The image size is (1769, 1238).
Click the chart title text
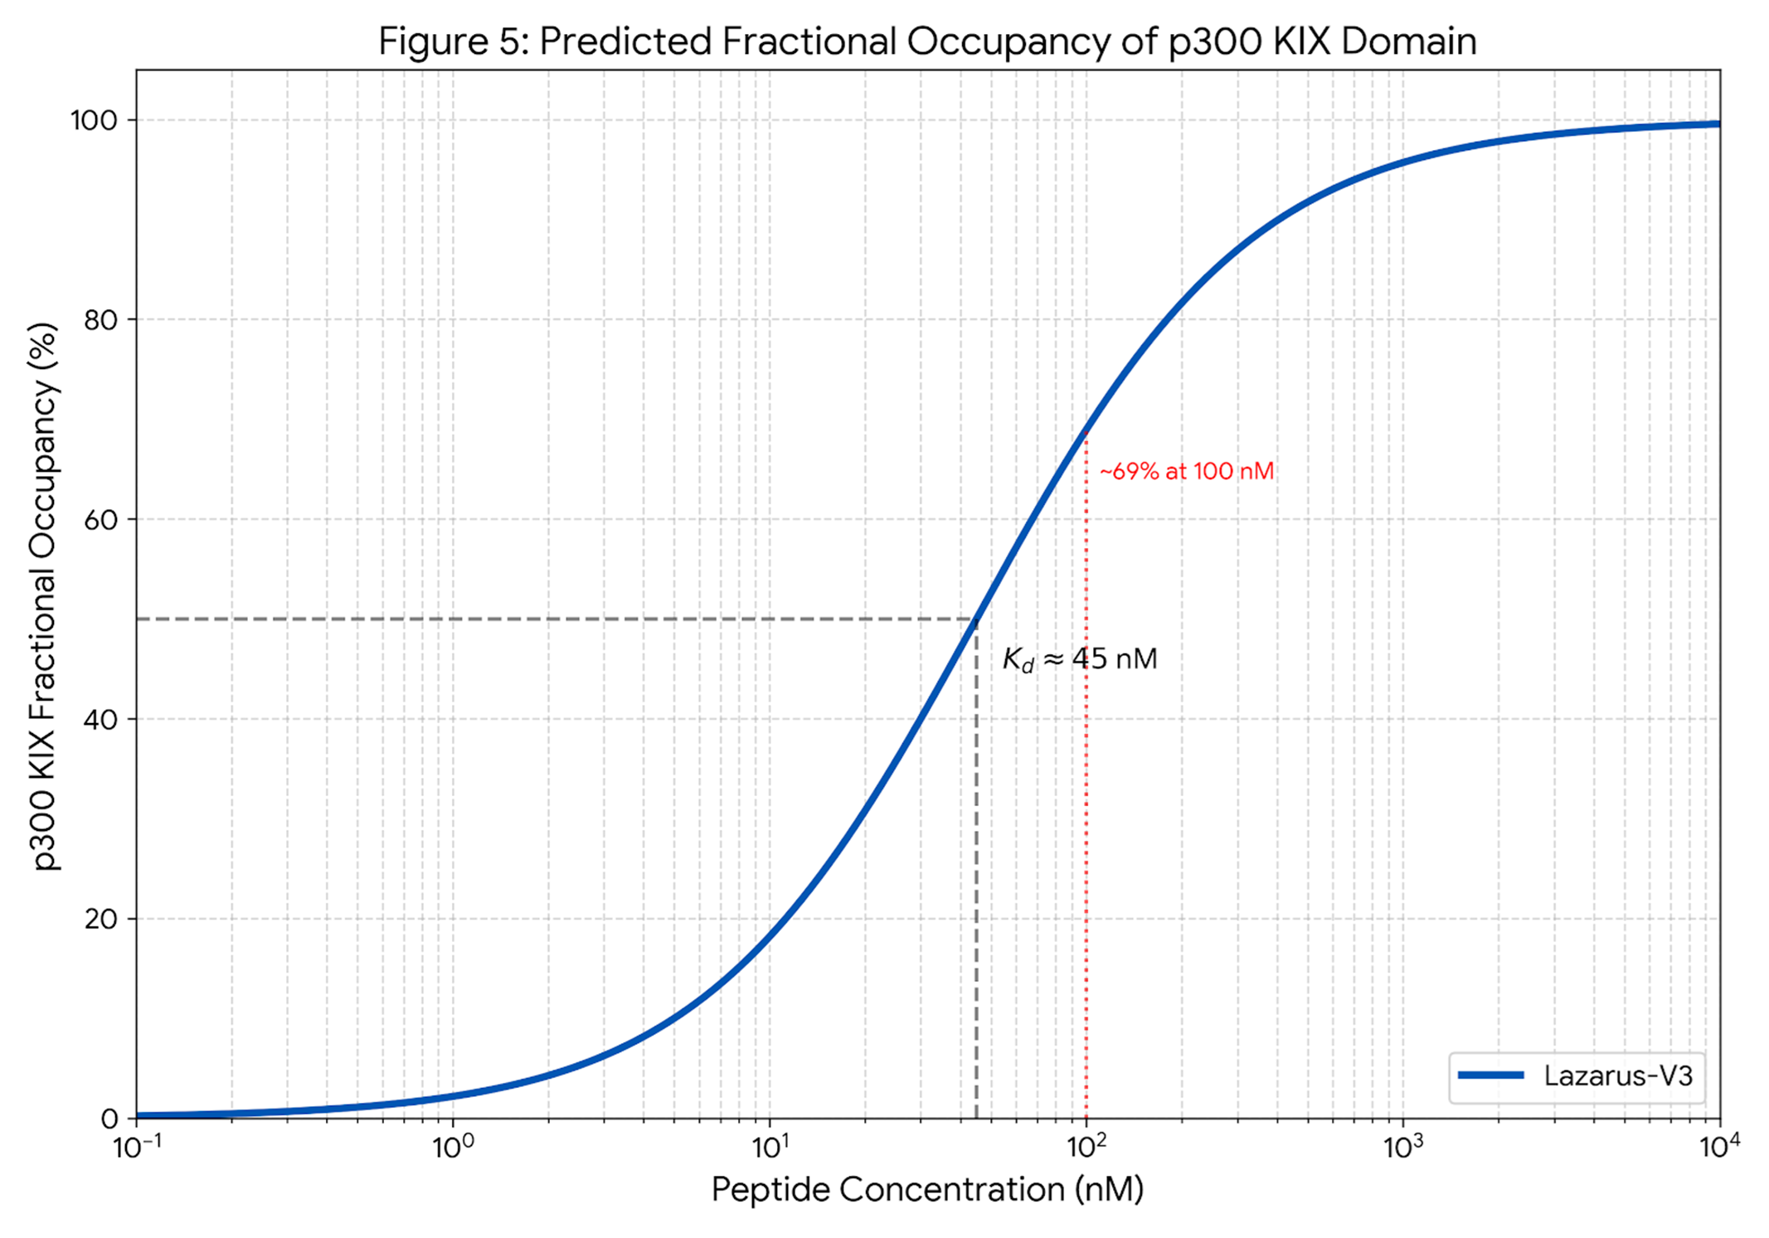(x=927, y=41)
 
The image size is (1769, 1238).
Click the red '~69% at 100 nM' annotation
(x=1186, y=472)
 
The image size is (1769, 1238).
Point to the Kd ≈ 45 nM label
(x=1080, y=659)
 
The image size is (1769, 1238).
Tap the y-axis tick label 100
(x=94, y=120)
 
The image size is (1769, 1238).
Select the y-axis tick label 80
(x=100, y=320)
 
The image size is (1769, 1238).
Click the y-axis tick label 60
(x=100, y=520)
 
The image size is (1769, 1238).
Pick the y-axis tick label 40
(x=100, y=720)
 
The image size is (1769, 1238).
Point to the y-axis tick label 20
(x=100, y=920)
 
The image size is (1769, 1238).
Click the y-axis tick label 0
(x=109, y=1119)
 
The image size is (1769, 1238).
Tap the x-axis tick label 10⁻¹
(x=137, y=1148)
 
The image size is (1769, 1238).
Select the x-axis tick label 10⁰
(x=453, y=1148)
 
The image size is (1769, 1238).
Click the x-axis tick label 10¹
(x=770, y=1148)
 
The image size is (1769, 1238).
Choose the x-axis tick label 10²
(x=1086, y=1148)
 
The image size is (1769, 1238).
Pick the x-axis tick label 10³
(x=1403, y=1148)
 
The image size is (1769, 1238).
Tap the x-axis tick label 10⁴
(x=1719, y=1148)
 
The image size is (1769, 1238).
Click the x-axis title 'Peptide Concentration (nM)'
(x=927, y=1190)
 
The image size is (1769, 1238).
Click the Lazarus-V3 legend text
(x=1617, y=1076)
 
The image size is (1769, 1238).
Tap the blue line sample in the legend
(x=1490, y=1075)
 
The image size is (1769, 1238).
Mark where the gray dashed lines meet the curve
(x=977, y=619)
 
